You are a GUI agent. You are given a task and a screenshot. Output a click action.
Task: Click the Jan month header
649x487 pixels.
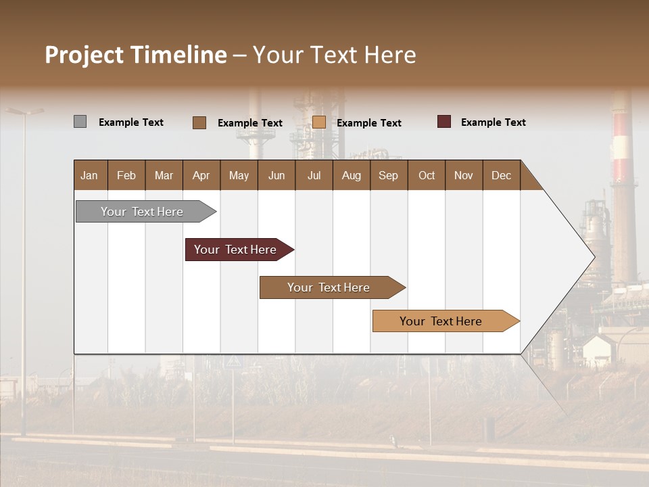tap(90, 175)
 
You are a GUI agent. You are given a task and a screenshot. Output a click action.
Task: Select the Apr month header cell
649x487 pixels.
tap(201, 175)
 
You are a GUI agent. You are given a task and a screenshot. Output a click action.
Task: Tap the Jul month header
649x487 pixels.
tap(314, 175)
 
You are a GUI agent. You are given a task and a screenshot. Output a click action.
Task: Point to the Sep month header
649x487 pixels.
tap(389, 175)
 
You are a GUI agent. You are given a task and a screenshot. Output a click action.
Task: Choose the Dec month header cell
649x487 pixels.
tap(501, 175)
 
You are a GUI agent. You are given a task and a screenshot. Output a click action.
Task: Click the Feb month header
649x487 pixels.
tap(126, 175)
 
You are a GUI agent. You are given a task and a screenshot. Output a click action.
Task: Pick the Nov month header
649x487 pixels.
tap(464, 175)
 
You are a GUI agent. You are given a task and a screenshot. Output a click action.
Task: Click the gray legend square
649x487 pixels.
tap(80, 122)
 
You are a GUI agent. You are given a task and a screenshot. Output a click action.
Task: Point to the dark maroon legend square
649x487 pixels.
tap(444, 122)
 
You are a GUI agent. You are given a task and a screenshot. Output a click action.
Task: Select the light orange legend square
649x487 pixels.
tap(319, 122)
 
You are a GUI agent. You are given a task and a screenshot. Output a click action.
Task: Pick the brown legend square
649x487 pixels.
tap(199, 122)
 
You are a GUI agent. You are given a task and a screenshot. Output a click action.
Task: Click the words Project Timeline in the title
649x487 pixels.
tap(136, 55)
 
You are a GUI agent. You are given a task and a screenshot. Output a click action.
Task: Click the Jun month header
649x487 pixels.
tap(277, 175)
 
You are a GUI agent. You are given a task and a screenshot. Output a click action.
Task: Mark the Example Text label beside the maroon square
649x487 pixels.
tap(493, 122)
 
